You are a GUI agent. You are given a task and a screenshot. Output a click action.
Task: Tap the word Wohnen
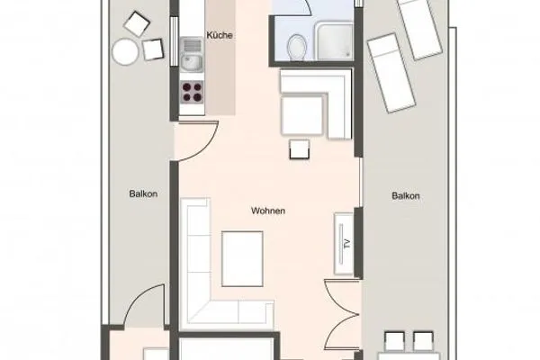click(x=269, y=211)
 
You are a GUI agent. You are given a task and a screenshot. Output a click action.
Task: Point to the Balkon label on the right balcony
click(x=406, y=196)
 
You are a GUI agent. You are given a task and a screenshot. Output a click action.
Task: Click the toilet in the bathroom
click(x=296, y=44)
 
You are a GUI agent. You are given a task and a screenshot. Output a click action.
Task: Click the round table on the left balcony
click(x=125, y=51)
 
